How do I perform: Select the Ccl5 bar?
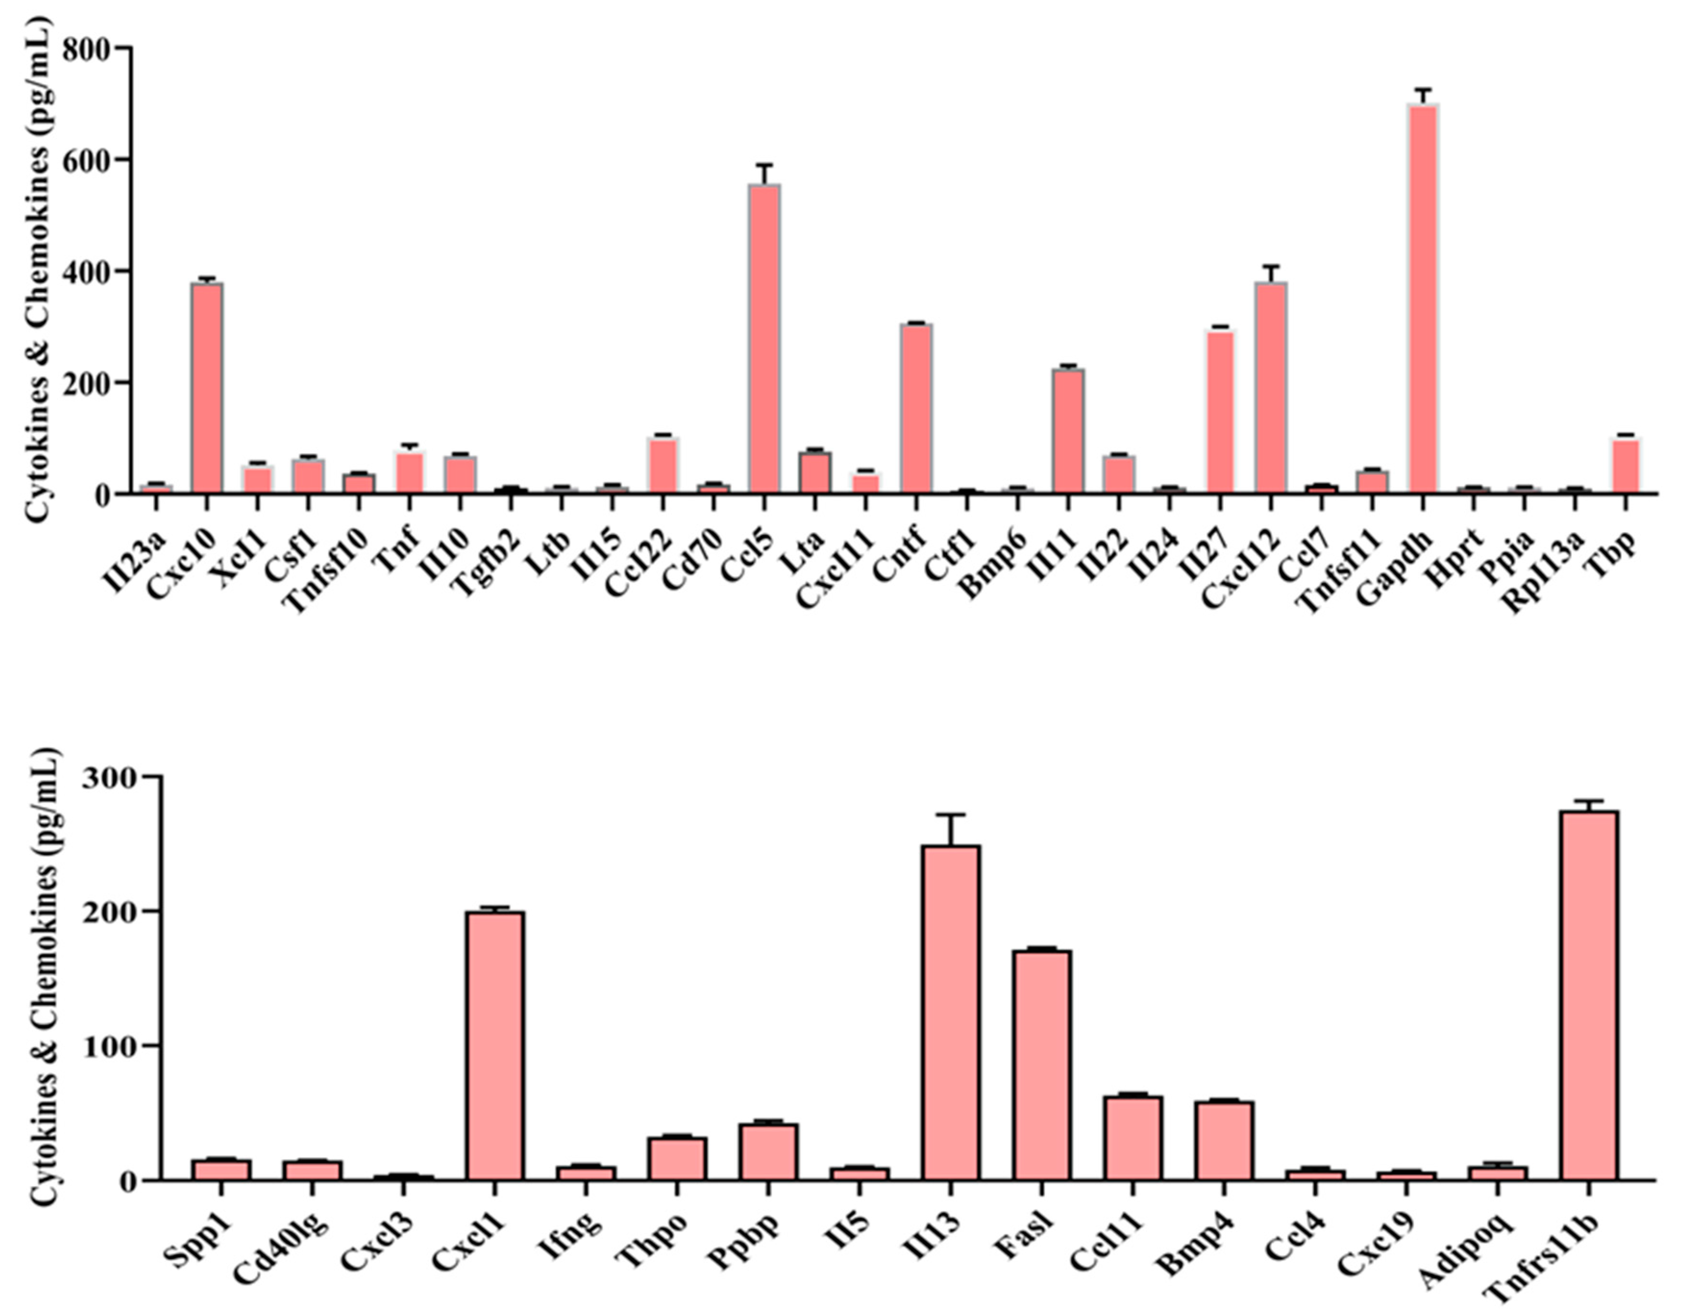tap(763, 339)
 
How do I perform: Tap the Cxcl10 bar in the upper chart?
tap(207, 389)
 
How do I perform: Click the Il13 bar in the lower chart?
tap(951, 1013)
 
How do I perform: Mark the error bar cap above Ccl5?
tap(763, 165)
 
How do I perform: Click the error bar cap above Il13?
tap(951, 814)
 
